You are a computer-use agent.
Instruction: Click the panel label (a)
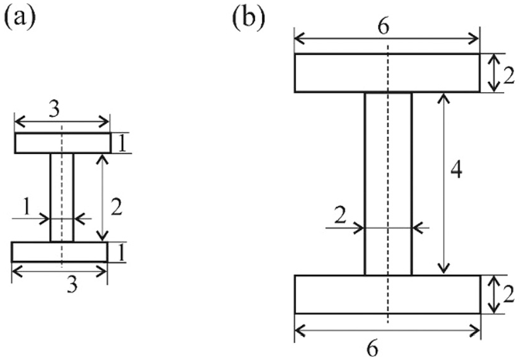[x=20, y=18]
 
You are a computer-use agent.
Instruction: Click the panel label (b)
[x=249, y=19]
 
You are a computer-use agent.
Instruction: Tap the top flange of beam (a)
[x=62, y=143]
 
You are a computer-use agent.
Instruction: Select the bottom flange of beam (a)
[x=60, y=252]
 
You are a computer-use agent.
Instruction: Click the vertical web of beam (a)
[x=62, y=197]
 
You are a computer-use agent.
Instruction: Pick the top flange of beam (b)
[x=387, y=73]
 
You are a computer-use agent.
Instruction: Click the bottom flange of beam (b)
[x=387, y=294]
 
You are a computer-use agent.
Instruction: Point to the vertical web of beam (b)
[x=389, y=183]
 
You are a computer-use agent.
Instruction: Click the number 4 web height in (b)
[x=456, y=171]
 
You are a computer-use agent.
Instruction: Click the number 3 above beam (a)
[x=54, y=109]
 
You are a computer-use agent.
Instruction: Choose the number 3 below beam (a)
[x=72, y=286]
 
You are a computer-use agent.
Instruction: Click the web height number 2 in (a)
[x=117, y=207]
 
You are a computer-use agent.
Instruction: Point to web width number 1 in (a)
[x=27, y=207]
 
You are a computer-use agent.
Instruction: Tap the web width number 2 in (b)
[x=340, y=217]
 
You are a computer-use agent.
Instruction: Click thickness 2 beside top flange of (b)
[x=509, y=77]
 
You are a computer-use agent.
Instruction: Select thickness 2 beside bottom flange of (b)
[x=508, y=295]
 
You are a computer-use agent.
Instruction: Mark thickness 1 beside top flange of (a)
[x=122, y=144]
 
